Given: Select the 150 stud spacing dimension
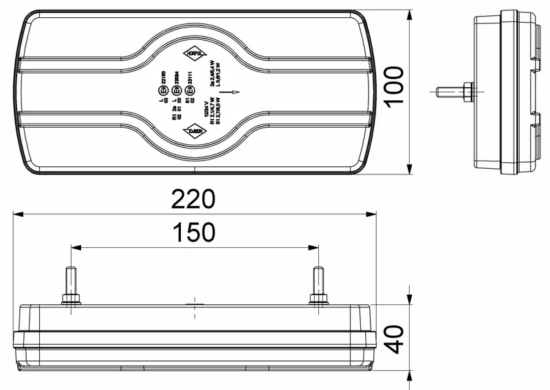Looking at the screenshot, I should pyautogui.click(x=193, y=233).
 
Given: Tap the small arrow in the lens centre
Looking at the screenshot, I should pyautogui.click(x=235, y=91).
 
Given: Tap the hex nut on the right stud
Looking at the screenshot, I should pyautogui.click(x=317, y=299).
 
